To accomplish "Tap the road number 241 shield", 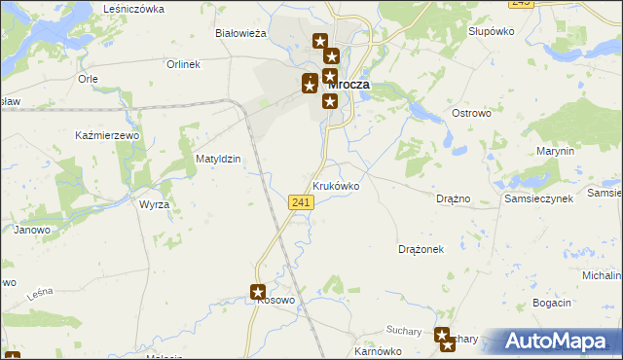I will pyautogui.click(x=301, y=201).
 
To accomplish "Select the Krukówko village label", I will pyautogui.click(x=336, y=185).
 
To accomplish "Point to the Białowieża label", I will pyautogui.click(x=240, y=33).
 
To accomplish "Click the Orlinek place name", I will pyautogui.click(x=182, y=64).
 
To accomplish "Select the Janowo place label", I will pyautogui.click(x=31, y=230).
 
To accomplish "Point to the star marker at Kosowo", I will pyautogui.click(x=258, y=291).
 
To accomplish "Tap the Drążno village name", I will pyautogui.click(x=454, y=198).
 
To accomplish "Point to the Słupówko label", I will pyautogui.click(x=491, y=31).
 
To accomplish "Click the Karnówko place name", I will pyautogui.click(x=378, y=351).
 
